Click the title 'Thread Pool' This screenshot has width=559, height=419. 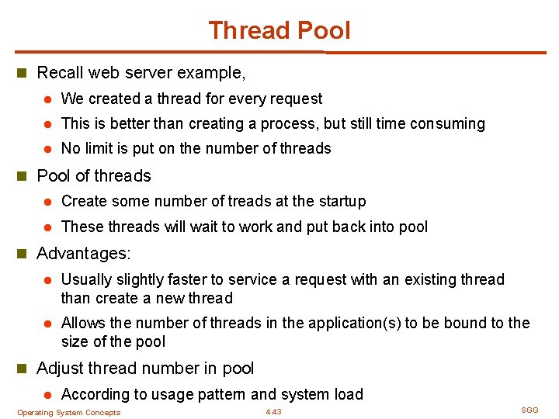click(x=279, y=30)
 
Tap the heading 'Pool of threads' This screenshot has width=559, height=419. click(x=94, y=175)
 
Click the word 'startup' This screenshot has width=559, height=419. click(x=340, y=201)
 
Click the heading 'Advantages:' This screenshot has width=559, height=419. click(x=84, y=253)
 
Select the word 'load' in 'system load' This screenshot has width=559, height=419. click(x=348, y=394)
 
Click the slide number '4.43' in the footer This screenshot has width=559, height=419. click(x=273, y=412)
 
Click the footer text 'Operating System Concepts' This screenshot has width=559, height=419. click(x=68, y=413)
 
